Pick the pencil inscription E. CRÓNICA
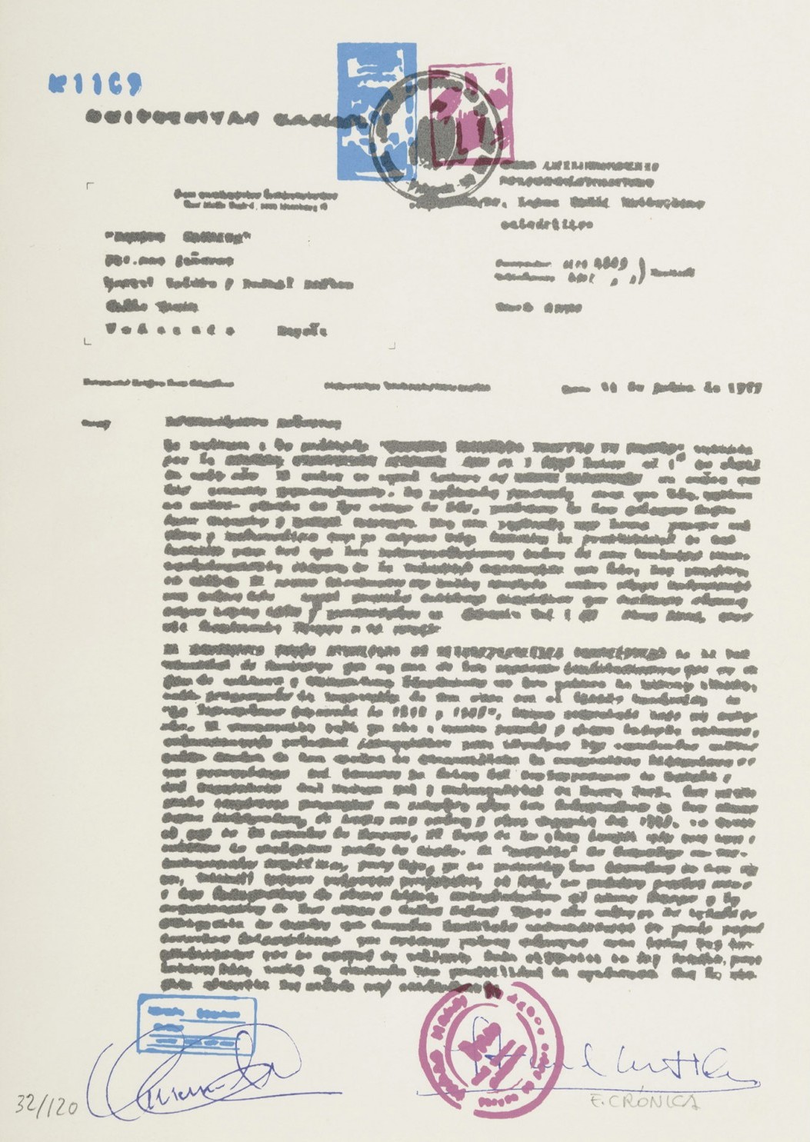pos(662,1101)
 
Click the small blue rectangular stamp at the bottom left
pos(197,1023)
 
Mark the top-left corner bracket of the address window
pos(91,187)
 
